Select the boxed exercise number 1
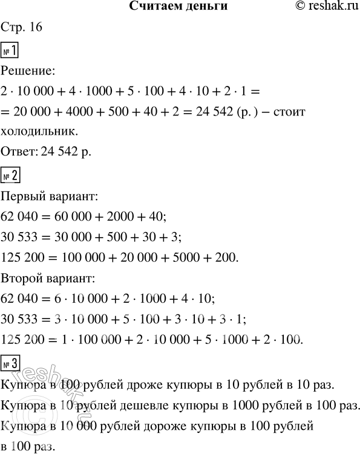[11, 50]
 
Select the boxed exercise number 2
[11, 176]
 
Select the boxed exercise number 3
[11, 363]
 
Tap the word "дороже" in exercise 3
[148, 427]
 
